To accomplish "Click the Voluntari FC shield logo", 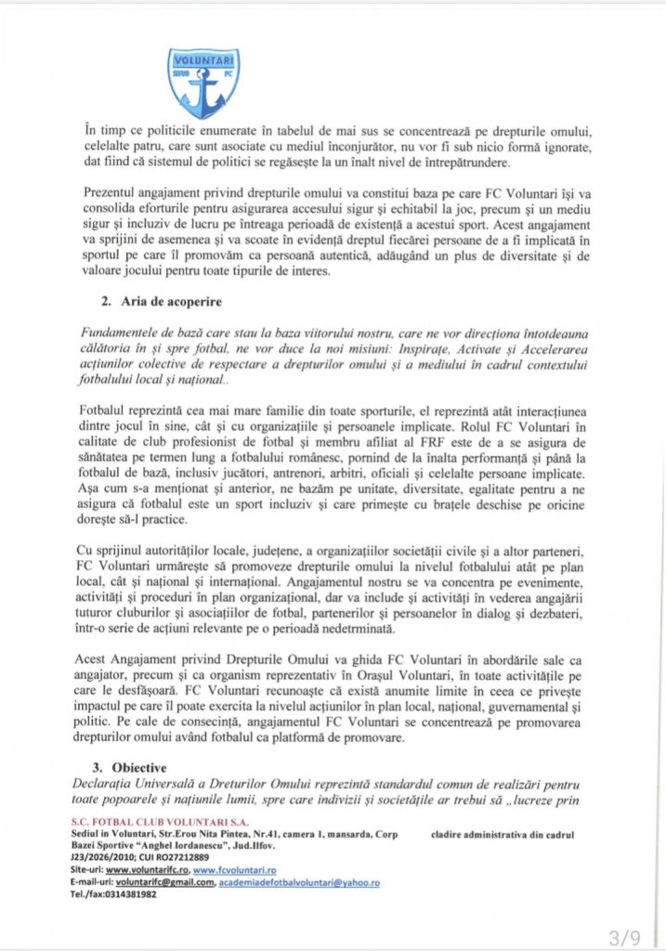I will click(203, 81).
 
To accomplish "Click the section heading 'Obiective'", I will click(136, 769).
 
